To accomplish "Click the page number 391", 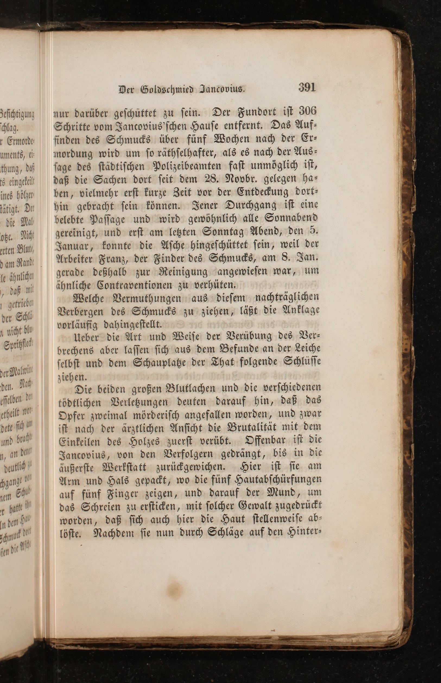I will pyautogui.click(x=307, y=87).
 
